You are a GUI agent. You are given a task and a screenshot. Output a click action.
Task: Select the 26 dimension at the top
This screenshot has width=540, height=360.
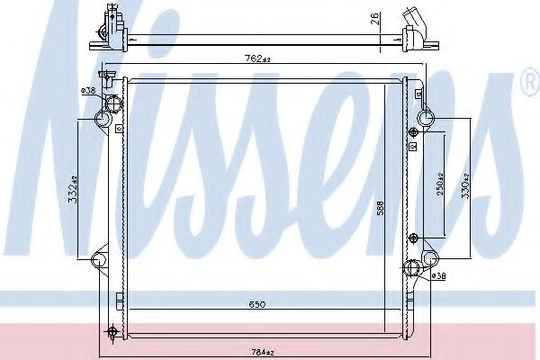[374, 19]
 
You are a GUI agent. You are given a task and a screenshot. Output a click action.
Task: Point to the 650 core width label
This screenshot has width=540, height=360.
[256, 306]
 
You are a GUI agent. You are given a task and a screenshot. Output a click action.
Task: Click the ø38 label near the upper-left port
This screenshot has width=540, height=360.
[87, 91]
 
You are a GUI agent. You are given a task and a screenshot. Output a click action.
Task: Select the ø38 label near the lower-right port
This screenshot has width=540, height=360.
[440, 276]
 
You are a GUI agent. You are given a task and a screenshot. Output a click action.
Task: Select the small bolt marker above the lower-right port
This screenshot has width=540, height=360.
[413, 238]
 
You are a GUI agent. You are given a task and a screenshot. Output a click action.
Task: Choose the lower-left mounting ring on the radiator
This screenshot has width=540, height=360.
[100, 261]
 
